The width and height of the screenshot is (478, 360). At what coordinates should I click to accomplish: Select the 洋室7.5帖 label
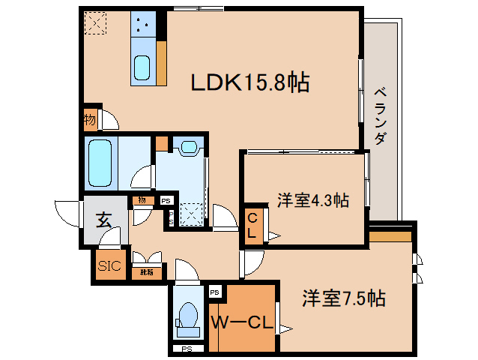point(344,298)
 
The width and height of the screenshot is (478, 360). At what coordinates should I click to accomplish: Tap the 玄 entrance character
point(103,221)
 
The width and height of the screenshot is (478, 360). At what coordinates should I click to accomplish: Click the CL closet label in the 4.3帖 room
point(252,225)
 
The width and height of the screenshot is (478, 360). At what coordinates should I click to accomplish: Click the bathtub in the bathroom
point(100,163)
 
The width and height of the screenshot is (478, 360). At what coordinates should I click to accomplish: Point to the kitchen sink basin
point(142,67)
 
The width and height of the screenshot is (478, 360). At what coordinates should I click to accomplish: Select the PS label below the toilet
point(185,349)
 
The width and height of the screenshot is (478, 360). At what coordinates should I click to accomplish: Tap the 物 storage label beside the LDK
point(90,120)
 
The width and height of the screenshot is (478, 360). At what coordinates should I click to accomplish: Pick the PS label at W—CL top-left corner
point(215,291)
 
